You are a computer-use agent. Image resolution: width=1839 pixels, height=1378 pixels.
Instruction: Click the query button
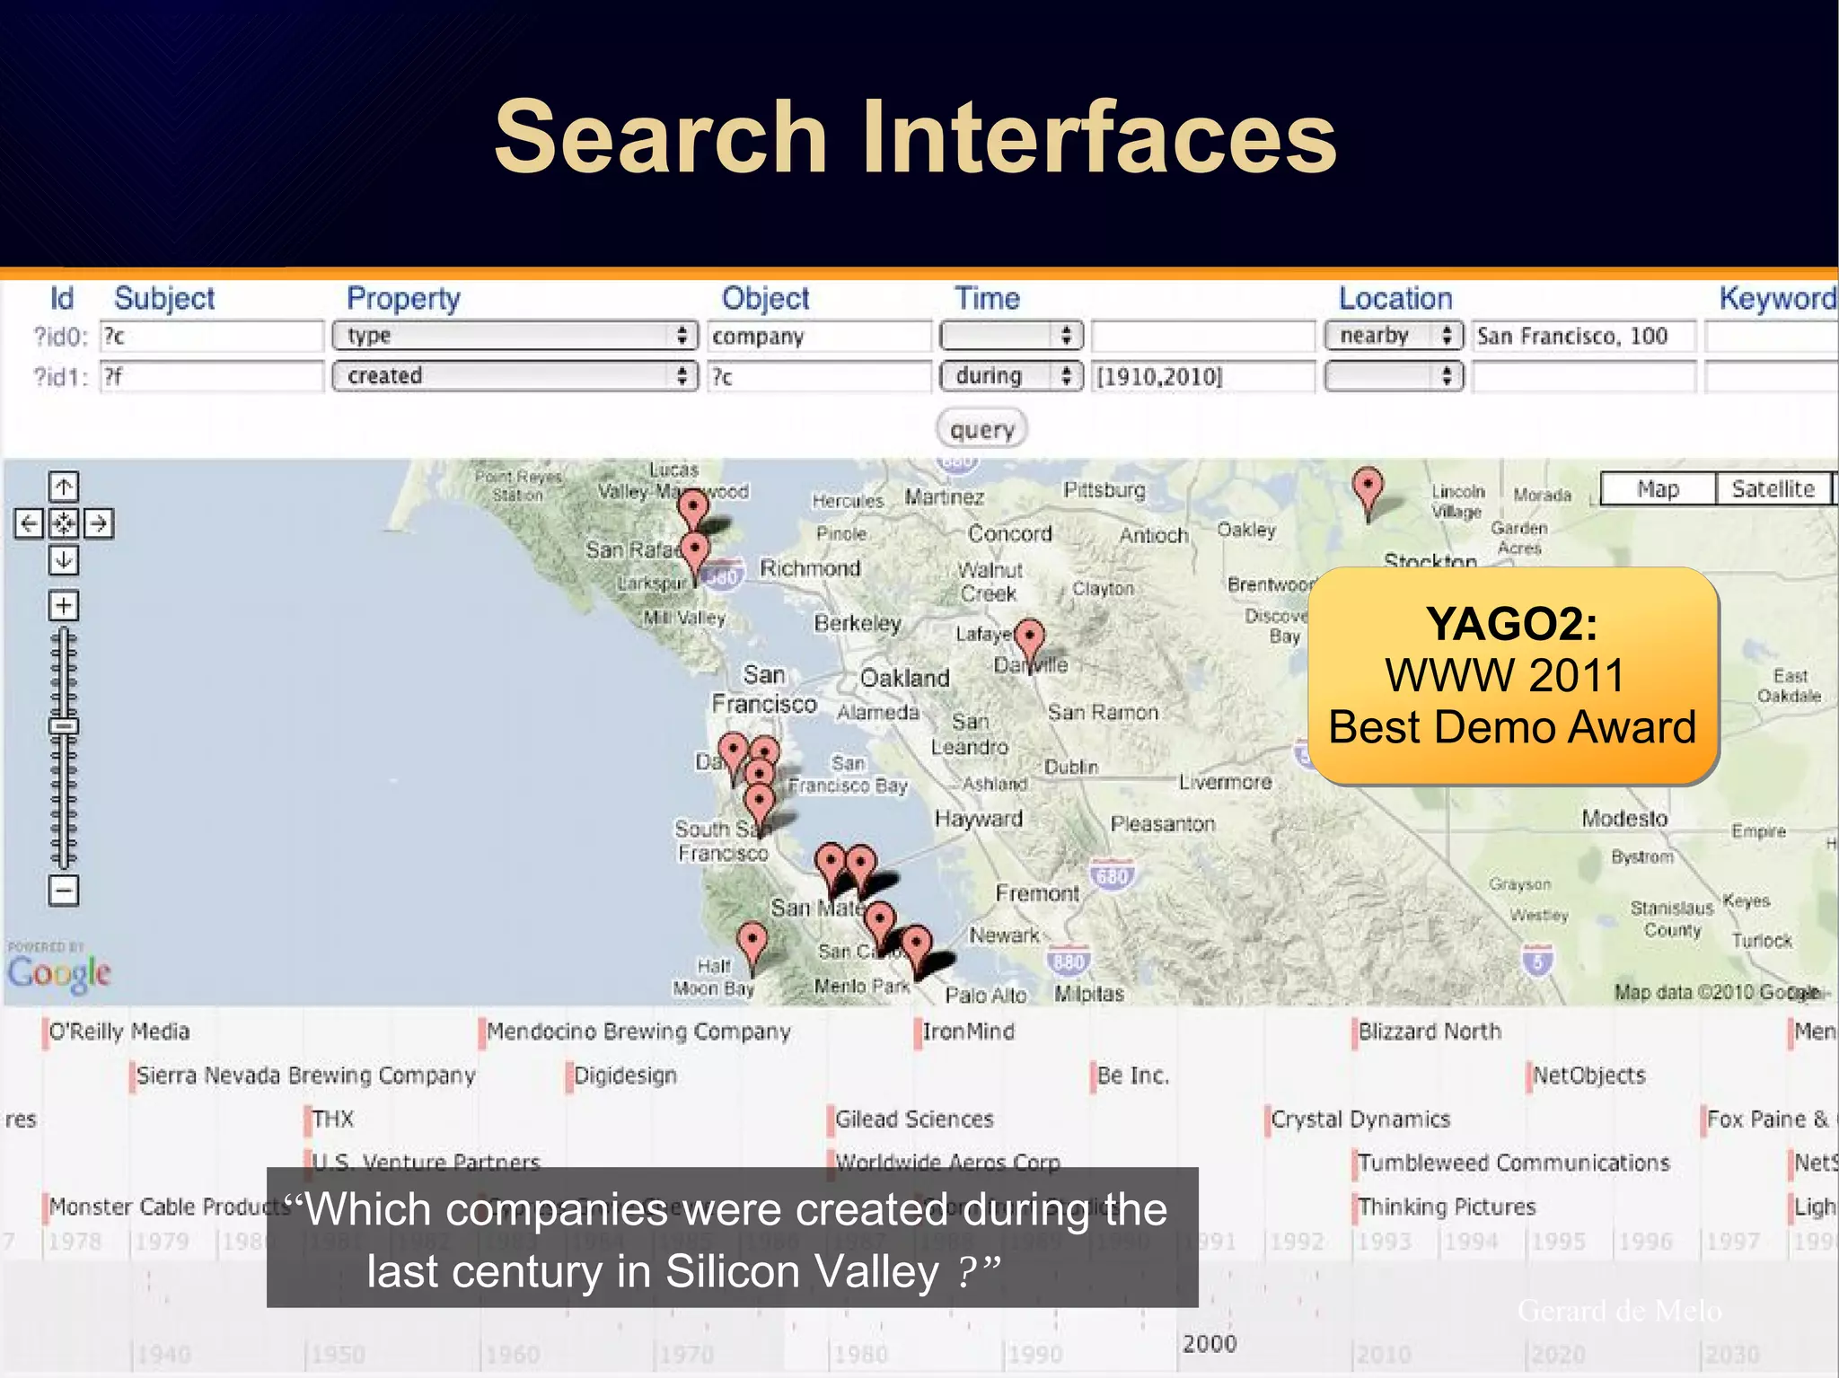[x=981, y=429]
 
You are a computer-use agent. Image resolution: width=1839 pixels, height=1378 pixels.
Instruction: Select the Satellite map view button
[x=1773, y=489]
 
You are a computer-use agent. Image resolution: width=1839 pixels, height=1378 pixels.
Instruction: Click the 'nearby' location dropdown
[x=1394, y=336]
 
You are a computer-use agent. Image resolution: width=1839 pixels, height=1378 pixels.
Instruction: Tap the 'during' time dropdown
[x=1010, y=375]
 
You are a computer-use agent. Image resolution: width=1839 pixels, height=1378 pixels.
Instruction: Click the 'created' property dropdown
[x=515, y=375]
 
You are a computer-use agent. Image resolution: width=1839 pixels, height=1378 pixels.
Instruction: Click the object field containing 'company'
[x=817, y=337]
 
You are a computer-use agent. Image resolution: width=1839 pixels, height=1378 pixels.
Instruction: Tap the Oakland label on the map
[x=904, y=678]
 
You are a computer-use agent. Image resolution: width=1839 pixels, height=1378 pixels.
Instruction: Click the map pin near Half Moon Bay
[x=752, y=944]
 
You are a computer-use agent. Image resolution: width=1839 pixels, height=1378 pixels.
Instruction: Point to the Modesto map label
[x=1623, y=818]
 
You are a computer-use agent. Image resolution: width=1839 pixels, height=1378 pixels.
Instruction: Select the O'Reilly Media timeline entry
[x=119, y=1031]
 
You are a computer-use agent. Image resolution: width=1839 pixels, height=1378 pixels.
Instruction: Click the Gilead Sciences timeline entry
[x=913, y=1119]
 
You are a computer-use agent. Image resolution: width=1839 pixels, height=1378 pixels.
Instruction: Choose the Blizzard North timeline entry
[x=1429, y=1031]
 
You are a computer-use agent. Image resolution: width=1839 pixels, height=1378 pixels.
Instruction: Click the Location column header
[x=1395, y=298]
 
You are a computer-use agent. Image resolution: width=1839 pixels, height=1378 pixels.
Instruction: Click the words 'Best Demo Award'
[x=1512, y=727]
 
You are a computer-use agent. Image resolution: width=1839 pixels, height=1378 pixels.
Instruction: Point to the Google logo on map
[x=59, y=973]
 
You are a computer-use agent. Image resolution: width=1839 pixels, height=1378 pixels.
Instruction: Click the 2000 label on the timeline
[x=1209, y=1343]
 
